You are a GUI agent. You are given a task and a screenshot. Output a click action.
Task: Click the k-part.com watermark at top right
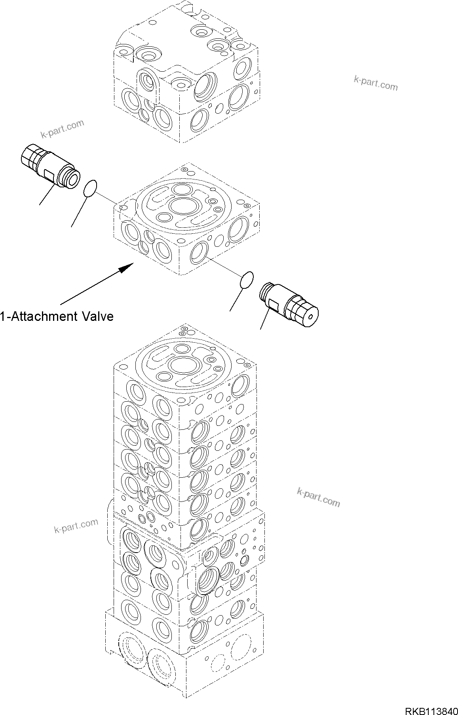pos(375,83)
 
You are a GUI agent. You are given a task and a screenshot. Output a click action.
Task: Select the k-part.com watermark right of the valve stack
pos(318,498)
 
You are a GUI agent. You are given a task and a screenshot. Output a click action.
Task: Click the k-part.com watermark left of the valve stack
pos(76,526)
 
